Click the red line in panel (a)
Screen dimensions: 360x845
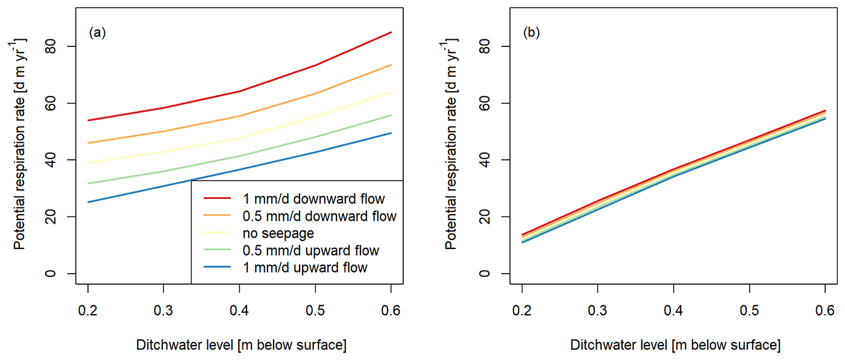pyautogui.click(x=239, y=92)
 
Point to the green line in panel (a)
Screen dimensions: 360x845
pyautogui.click(x=239, y=156)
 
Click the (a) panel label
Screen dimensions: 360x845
pyautogui.click(x=97, y=33)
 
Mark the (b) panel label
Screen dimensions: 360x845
pyautogui.click(x=531, y=33)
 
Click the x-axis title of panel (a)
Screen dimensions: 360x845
pyautogui.click(x=240, y=345)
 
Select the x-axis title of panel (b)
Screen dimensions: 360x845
pyautogui.click(x=674, y=345)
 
